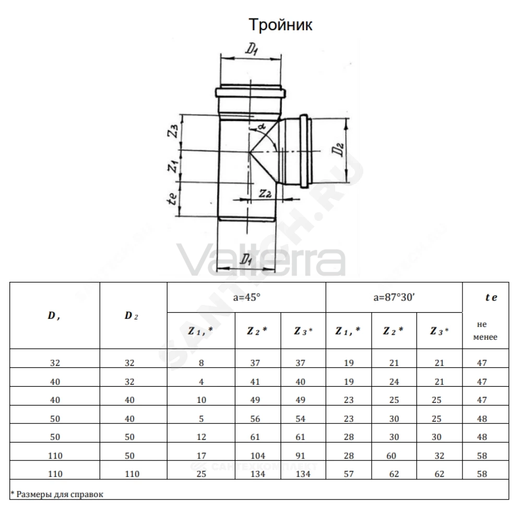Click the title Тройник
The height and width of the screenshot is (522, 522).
pyautogui.click(x=281, y=25)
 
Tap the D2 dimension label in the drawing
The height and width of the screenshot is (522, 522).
pyautogui.click(x=338, y=149)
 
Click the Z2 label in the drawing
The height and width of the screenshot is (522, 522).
pyautogui.click(x=265, y=193)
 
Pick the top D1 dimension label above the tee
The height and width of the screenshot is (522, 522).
pyautogui.click(x=252, y=50)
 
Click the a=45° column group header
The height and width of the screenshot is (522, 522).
pyautogui.click(x=247, y=298)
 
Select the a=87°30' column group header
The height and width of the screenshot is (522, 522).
pyautogui.click(x=394, y=298)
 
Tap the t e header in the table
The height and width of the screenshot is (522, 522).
pyautogui.click(x=491, y=298)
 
